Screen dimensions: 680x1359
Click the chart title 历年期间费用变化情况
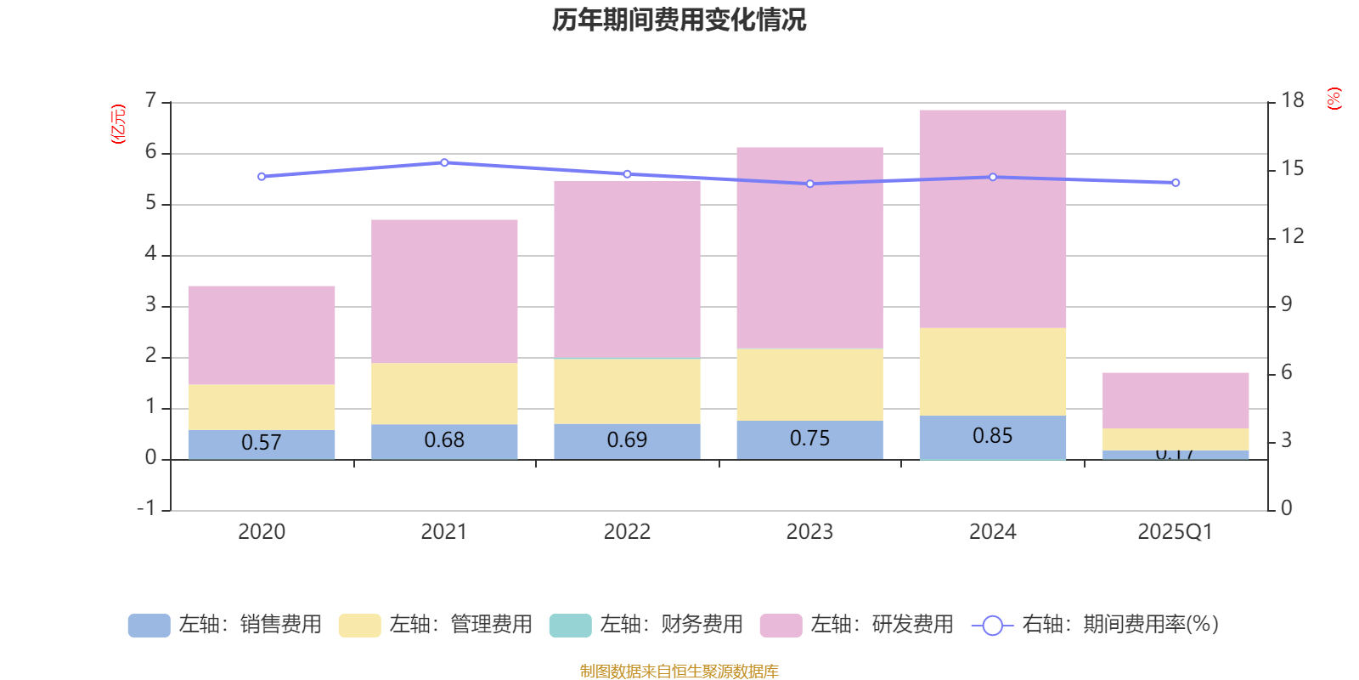[679, 20]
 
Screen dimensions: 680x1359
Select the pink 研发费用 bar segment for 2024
[992, 218]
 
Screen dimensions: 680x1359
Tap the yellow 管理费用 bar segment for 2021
[444, 394]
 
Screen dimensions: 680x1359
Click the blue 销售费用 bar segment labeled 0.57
[261, 444]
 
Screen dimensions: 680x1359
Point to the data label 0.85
[992, 436]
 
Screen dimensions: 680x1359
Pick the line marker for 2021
[444, 162]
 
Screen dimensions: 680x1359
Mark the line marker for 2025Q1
[1176, 183]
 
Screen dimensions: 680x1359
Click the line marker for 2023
[809, 184]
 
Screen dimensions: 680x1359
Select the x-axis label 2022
[627, 532]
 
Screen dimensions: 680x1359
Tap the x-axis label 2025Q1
[1175, 532]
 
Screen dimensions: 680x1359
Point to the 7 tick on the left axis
[150, 101]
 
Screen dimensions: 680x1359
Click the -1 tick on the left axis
[146, 508]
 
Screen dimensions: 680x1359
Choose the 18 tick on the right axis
[1293, 100]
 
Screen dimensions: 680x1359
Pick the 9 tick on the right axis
[1286, 304]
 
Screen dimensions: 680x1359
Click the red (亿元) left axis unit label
[118, 124]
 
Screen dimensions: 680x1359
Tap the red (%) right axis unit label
[1334, 99]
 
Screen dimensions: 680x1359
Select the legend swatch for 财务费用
[570, 626]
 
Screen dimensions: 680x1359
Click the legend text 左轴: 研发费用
[882, 625]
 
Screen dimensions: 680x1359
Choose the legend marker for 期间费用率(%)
[992, 626]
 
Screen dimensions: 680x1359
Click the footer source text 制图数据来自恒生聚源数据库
[679, 671]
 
